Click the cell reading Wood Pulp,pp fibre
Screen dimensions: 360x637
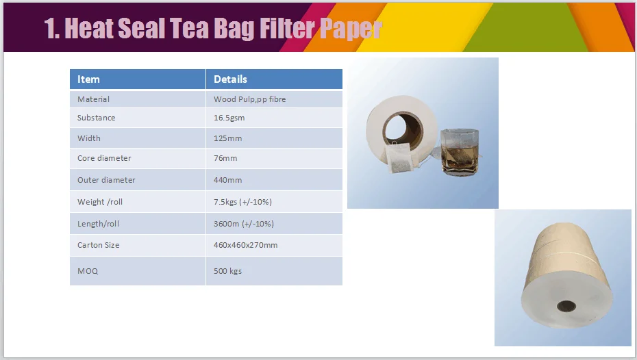click(x=249, y=99)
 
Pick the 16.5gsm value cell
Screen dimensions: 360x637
click(x=229, y=118)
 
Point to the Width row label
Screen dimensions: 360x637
click(x=88, y=138)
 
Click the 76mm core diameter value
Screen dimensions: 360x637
click(x=225, y=158)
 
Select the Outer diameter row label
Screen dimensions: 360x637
click(x=106, y=180)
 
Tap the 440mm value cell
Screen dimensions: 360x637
click(x=227, y=180)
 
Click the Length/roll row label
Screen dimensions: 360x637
click(x=98, y=224)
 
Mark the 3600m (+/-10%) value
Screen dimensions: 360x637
click(x=243, y=224)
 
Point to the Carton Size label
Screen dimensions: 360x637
click(x=99, y=245)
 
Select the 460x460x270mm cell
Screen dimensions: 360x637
click(x=245, y=245)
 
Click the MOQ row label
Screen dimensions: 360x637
click(x=88, y=271)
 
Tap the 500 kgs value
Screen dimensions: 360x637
click(x=227, y=271)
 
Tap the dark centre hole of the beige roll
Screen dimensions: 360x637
click(x=565, y=306)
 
